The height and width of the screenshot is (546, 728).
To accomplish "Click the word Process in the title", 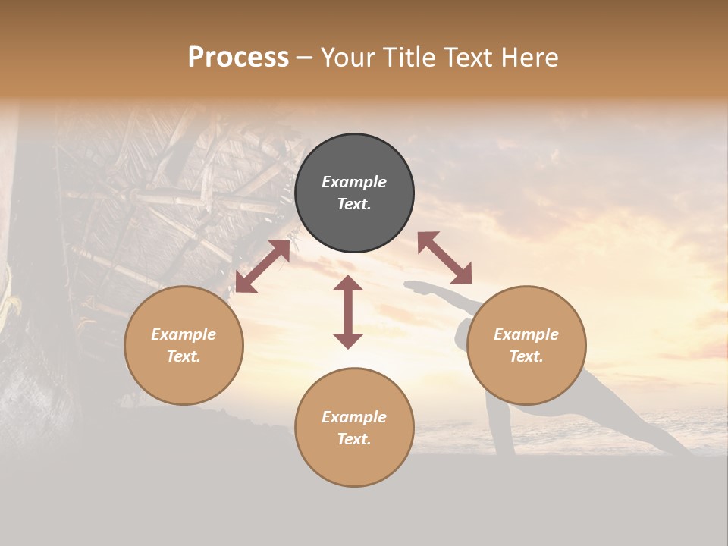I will (238, 58).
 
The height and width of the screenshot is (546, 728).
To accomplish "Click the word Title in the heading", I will (409, 58).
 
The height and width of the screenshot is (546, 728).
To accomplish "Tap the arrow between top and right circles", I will (444, 259).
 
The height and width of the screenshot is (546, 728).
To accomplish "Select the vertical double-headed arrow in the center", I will (348, 312).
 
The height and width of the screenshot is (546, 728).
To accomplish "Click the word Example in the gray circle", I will (354, 182).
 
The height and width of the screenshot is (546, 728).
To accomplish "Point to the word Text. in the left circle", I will (184, 356).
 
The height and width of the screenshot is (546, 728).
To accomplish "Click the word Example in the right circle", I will (526, 334).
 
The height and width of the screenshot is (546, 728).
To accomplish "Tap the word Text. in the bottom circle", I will (354, 439).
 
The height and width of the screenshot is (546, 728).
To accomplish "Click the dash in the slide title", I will (305, 58).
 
